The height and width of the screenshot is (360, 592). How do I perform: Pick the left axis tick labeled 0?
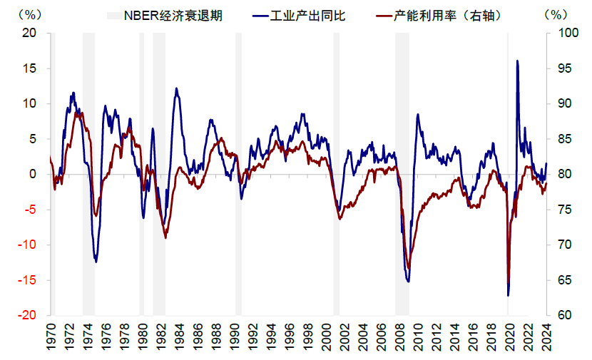point(33,174)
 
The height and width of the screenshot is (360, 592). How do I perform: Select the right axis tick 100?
point(563,33)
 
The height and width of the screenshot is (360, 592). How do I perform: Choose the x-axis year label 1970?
point(51,338)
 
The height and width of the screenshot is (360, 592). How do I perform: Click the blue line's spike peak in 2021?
point(517,61)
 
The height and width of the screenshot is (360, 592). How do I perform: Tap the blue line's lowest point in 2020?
point(509,295)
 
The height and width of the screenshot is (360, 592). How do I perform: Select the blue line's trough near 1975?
point(96,262)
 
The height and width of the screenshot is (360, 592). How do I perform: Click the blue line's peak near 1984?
point(176,88)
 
